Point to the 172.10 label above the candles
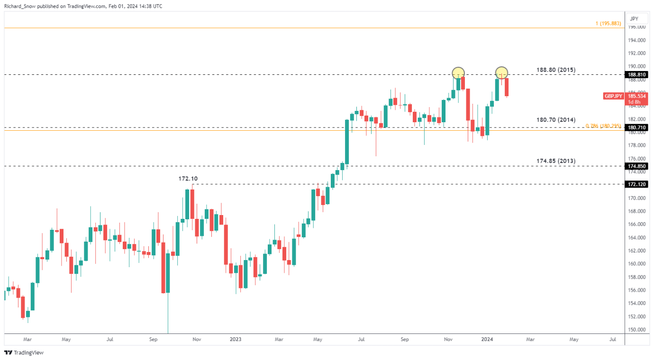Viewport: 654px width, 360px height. click(188, 179)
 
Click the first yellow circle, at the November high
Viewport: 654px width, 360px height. click(458, 73)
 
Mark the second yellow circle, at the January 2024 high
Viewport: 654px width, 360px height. click(502, 73)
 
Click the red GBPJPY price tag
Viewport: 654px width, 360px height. click(613, 96)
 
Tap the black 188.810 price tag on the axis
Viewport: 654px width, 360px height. click(638, 75)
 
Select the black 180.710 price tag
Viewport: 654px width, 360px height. click(638, 128)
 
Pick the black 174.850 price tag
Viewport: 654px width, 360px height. click(638, 166)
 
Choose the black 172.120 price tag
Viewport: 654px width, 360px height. click(638, 184)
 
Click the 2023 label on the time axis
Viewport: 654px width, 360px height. click(236, 339)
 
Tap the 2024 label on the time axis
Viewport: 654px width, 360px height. click(487, 339)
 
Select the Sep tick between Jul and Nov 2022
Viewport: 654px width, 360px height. click(153, 339)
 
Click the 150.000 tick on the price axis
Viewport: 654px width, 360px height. click(637, 330)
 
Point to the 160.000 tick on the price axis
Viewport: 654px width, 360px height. click(637, 264)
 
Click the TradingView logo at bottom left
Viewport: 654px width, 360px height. click(24, 352)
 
